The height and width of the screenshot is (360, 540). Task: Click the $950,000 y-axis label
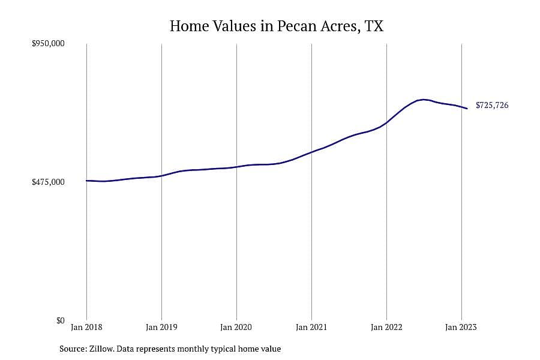coord(48,43)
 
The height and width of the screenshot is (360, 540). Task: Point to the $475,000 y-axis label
coord(48,182)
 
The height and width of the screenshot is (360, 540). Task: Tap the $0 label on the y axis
coord(60,320)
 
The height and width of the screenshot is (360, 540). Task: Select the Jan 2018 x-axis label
coord(86,327)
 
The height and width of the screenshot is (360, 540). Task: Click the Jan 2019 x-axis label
coord(161,327)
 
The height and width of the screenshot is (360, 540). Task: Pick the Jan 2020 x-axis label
coord(236,327)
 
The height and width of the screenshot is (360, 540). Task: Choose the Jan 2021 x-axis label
coord(311,327)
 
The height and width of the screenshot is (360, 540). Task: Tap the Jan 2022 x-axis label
coord(386,327)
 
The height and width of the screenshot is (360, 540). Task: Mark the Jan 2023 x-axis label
coord(461,327)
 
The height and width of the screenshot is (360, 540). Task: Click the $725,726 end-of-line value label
coord(492,105)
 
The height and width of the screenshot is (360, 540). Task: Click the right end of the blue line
coord(467,109)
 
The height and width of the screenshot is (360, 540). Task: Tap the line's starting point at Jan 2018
coord(86,181)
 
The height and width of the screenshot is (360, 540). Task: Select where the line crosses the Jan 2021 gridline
coord(311,152)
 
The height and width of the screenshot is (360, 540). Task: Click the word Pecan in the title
coord(297,26)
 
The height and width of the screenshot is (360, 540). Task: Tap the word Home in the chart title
coord(190,26)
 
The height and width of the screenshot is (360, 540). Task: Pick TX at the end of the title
coord(374,26)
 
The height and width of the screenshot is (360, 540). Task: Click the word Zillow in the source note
coord(101,349)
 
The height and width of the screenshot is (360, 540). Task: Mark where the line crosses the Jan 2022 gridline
coord(387,122)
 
